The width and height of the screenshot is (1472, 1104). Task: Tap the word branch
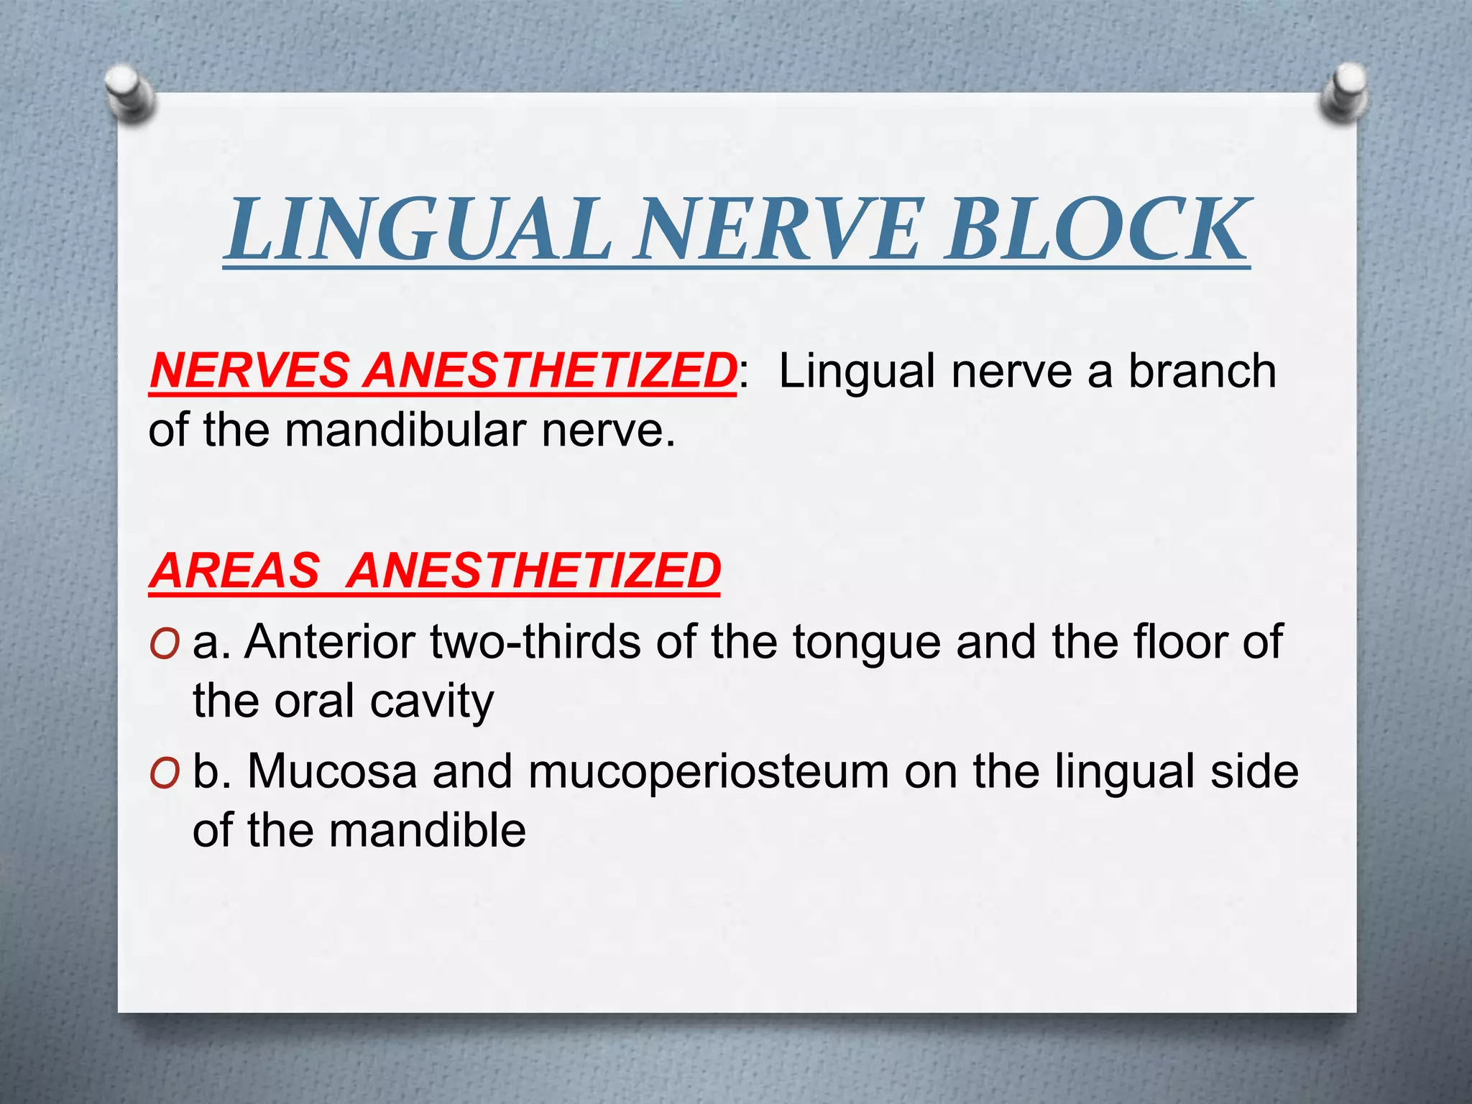pos(1202,371)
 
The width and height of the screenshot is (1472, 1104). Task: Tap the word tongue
pos(867,641)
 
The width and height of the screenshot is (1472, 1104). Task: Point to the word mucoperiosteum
pos(708,773)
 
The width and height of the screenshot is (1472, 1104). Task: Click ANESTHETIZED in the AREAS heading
pos(533,571)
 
